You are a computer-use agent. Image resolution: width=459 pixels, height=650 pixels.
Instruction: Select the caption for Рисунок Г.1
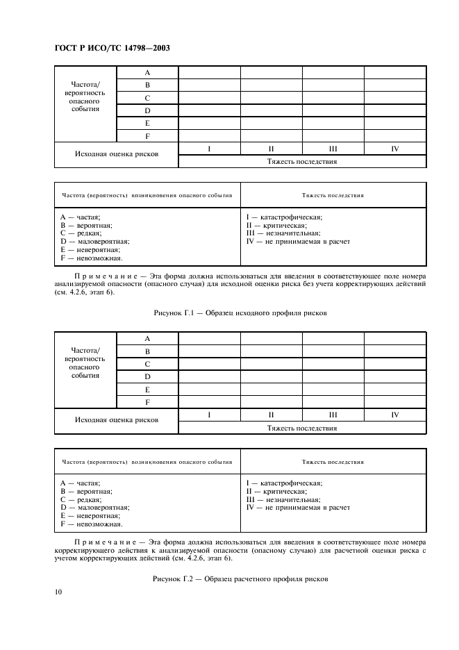click(240, 313)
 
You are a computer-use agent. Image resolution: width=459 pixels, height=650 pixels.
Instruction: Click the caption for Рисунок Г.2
click(240, 578)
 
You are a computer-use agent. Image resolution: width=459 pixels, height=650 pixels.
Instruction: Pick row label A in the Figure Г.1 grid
click(147, 72)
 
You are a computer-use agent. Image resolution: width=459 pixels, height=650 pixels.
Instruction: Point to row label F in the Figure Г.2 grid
click(147, 401)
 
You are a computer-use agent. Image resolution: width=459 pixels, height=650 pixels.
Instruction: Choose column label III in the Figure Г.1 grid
click(333, 148)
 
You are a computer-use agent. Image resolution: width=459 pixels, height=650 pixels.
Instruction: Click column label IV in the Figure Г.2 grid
click(394, 415)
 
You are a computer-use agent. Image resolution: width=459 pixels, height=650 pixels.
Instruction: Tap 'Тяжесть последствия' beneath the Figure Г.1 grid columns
click(302, 162)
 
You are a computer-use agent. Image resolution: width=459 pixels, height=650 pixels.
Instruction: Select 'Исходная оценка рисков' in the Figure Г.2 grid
click(117, 420)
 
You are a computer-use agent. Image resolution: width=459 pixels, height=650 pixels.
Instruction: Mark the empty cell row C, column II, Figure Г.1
click(271, 98)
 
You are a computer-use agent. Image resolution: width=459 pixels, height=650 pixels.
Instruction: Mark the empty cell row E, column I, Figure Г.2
click(209, 389)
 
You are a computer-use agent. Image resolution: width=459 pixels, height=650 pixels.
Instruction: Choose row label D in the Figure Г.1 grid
click(147, 110)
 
